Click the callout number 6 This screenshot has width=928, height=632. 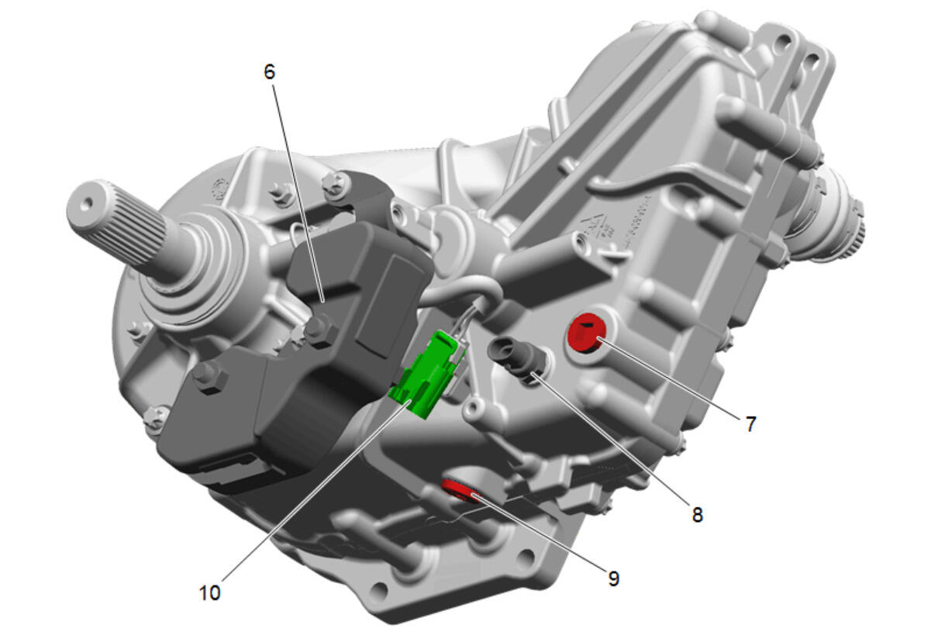pos(269,72)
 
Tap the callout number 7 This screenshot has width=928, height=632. pos(750,423)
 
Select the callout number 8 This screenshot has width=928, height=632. pos(697,515)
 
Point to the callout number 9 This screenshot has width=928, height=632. pos(614,578)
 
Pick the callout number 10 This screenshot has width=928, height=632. pos(210,592)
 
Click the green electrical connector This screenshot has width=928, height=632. pos(427,375)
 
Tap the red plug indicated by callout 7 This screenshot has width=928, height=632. pos(585,333)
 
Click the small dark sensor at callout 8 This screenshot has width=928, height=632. pos(514,357)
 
